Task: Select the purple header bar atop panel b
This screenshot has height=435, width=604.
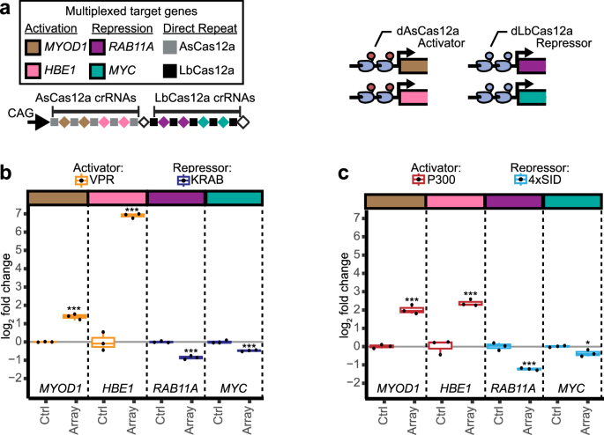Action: (175, 199)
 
